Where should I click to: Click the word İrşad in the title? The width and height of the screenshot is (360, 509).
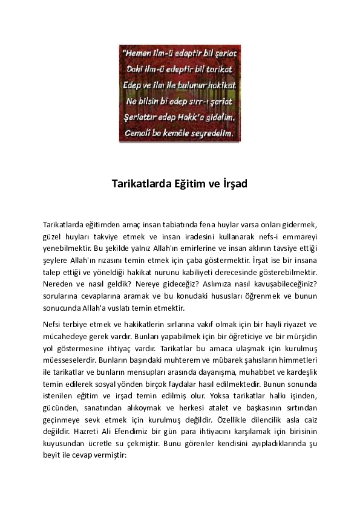tap(232, 184)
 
